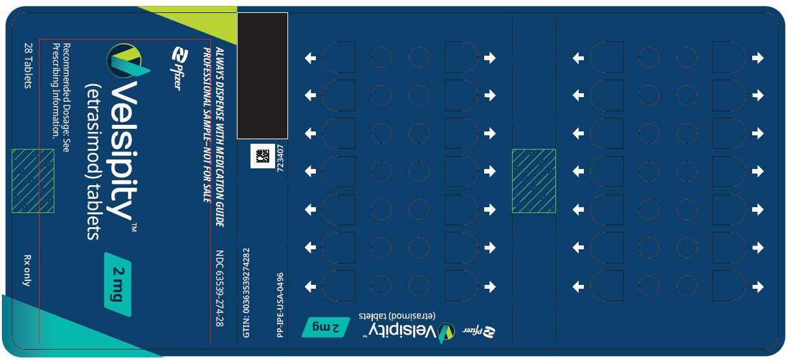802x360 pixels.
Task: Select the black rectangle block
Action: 262,76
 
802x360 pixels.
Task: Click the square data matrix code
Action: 262,156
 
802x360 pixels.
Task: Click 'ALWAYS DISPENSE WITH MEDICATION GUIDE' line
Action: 219,136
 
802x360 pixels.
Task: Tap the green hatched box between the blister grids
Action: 533,181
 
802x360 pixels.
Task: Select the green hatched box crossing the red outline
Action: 32,181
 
